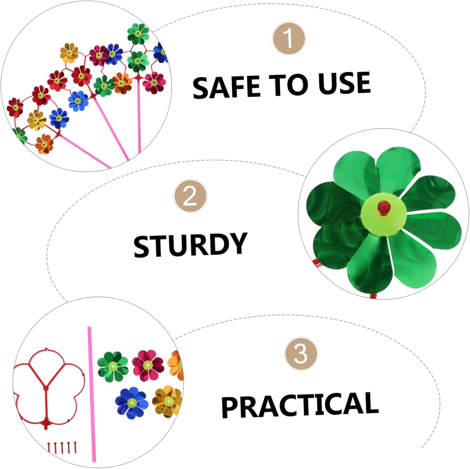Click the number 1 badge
(x=289, y=38)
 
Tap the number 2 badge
(x=190, y=196)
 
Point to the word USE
(x=344, y=83)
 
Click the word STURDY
(x=191, y=245)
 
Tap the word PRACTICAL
(x=300, y=405)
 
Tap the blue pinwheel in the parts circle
(x=132, y=403)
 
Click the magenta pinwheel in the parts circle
(x=148, y=366)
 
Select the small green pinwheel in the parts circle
(x=113, y=366)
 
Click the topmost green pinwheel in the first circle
(x=138, y=34)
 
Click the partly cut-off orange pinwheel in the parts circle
(x=176, y=365)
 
